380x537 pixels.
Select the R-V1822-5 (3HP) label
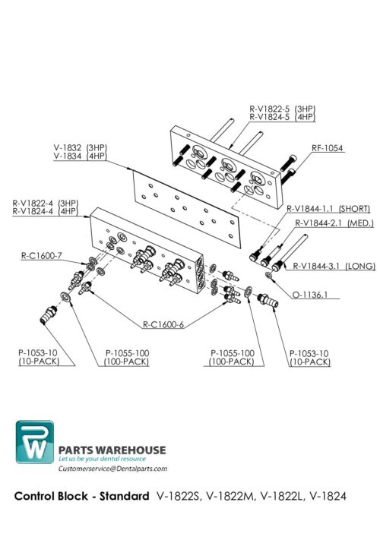point(283,108)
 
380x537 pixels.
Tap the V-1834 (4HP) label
point(81,156)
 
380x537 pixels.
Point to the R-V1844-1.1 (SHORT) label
point(328,208)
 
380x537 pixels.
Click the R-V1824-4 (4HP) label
point(45,211)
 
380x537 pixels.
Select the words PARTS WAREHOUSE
point(112,450)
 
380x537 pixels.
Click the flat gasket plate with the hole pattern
point(182,205)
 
